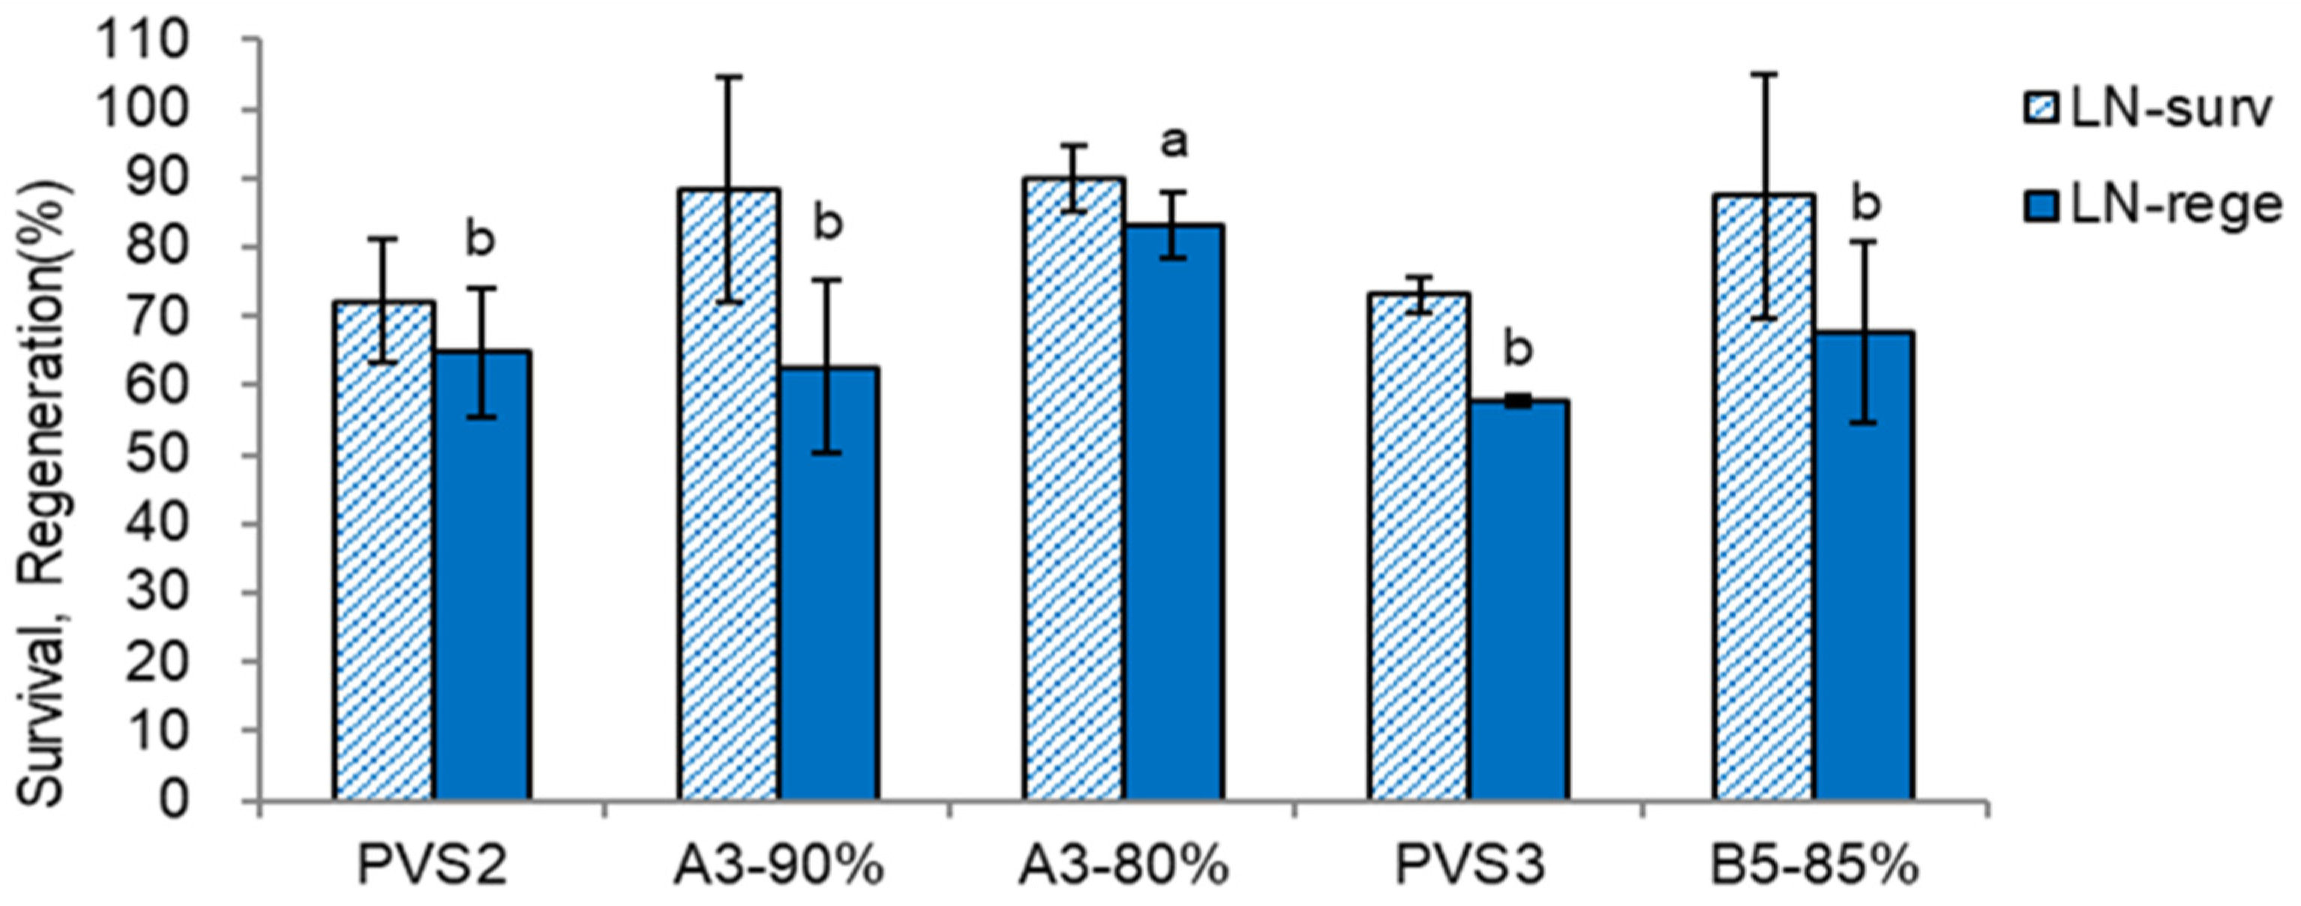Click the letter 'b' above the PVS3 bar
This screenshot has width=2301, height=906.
(1517, 349)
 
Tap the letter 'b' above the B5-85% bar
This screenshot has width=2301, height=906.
(1864, 204)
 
